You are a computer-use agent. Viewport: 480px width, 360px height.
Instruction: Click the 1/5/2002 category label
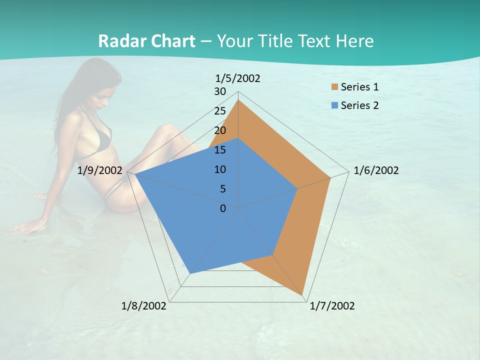[238, 78]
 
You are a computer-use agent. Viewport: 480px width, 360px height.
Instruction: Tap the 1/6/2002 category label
[376, 170]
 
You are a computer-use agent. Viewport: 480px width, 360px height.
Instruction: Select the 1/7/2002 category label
[332, 306]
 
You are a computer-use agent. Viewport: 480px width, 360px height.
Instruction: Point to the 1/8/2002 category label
[144, 306]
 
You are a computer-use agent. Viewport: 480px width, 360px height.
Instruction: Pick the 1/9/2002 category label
[100, 170]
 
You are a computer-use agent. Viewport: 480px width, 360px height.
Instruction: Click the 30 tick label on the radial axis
[220, 91]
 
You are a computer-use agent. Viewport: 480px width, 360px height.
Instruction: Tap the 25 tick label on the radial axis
[220, 111]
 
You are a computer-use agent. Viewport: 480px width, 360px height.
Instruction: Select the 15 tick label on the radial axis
[220, 150]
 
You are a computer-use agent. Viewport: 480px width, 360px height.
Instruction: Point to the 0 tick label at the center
[223, 208]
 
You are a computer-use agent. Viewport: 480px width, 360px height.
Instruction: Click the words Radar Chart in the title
[146, 41]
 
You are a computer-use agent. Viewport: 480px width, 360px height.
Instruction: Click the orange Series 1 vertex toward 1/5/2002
[238, 100]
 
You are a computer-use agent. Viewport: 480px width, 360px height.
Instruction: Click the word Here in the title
[355, 41]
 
